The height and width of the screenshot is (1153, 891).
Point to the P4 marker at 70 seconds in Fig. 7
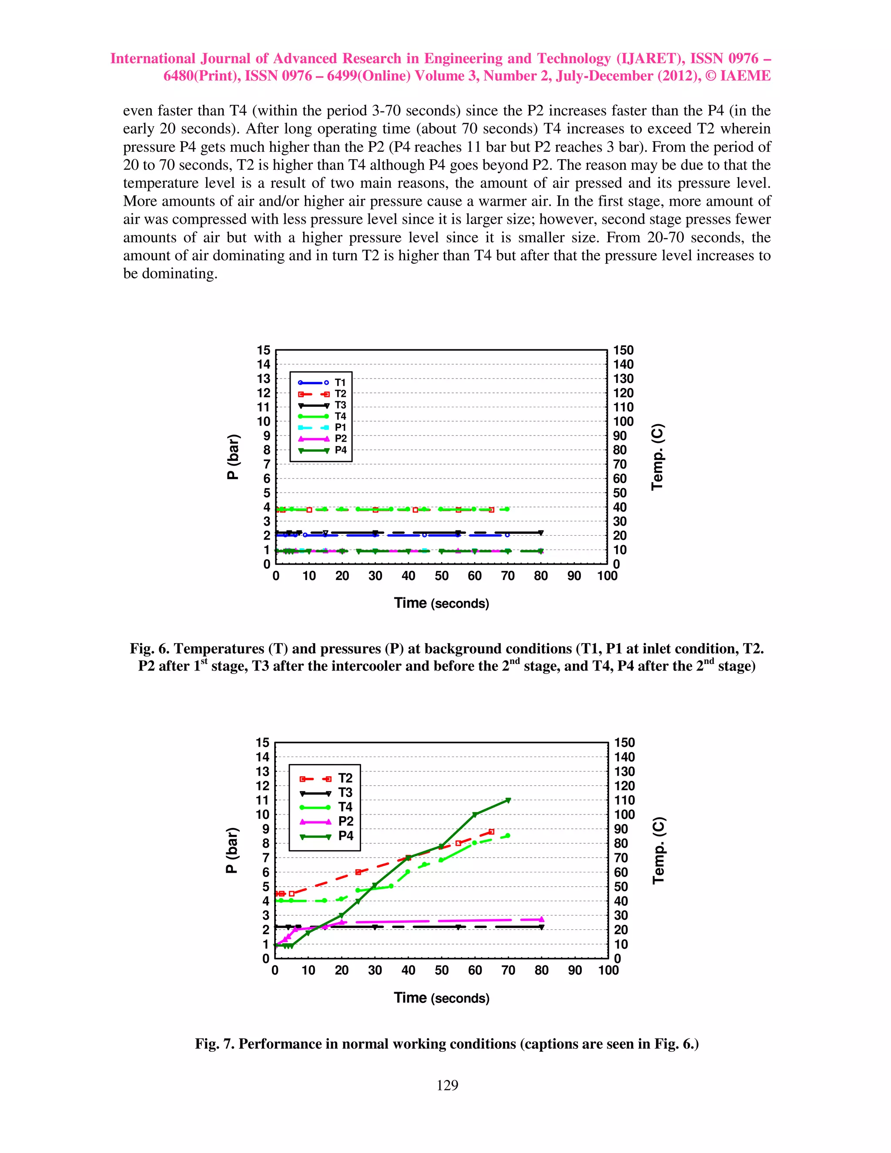[x=508, y=800]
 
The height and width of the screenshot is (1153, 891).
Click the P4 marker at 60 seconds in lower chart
[x=475, y=814]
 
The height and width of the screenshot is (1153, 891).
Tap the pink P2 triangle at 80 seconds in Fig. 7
[x=541, y=919]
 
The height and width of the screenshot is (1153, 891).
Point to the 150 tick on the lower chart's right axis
[x=624, y=743]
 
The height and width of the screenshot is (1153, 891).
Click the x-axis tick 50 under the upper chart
[x=441, y=576]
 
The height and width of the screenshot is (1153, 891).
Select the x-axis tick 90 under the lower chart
[x=574, y=970]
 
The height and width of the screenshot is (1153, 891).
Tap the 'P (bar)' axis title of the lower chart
[x=232, y=851]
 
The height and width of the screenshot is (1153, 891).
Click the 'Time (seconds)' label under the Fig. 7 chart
[x=441, y=998]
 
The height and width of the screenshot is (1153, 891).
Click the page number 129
[x=447, y=1085]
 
